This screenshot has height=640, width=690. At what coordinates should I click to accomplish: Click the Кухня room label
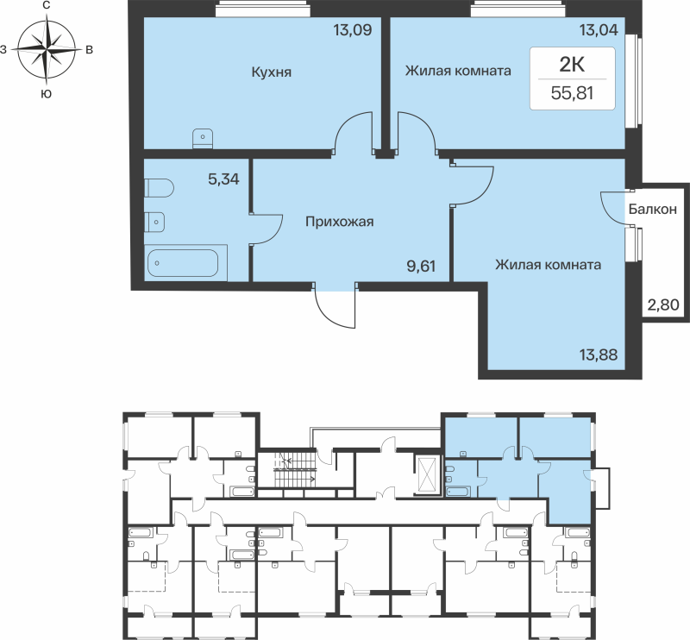pyautogui.click(x=272, y=72)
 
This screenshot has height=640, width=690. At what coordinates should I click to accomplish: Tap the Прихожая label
pyautogui.click(x=339, y=223)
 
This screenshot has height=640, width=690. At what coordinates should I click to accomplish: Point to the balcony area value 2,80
pyautogui.click(x=662, y=304)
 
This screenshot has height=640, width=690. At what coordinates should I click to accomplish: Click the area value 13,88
pyautogui.click(x=598, y=354)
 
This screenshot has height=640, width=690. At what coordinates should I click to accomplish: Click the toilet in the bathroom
pyautogui.click(x=160, y=187)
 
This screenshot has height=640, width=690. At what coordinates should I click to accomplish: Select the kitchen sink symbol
pyautogui.click(x=203, y=136)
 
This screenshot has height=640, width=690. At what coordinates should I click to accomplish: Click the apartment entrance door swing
pyautogui.click(x=335, y=309)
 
